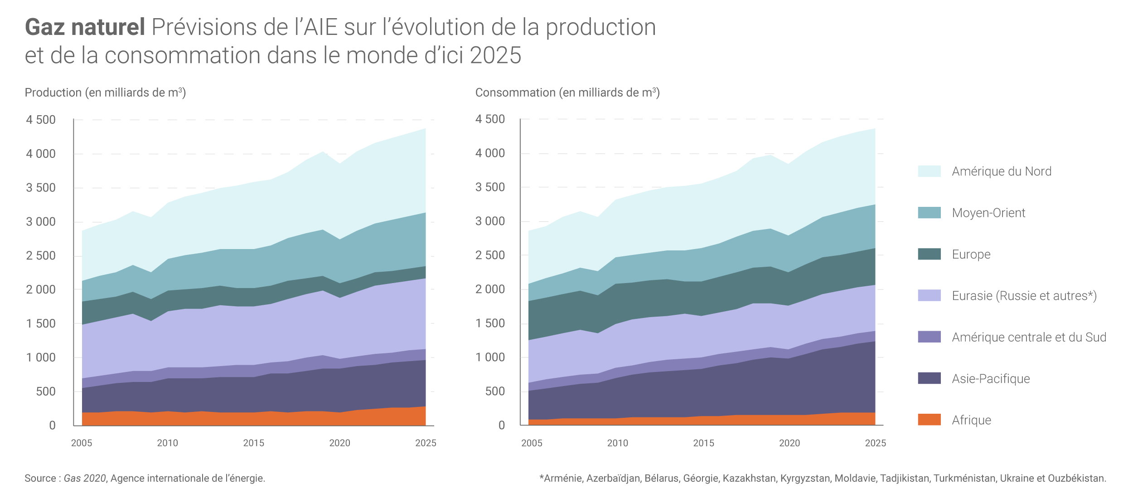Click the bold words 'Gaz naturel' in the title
click(x=85, y=27)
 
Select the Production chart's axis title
click(x=105, y=93)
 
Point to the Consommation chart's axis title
click(x=567, y=93)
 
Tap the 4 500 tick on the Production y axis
click(x=41, y=120)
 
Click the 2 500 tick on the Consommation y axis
click(x=490, y=255)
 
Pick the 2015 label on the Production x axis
click(x=253, y=443)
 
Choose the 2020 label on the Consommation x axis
click(x=789, y=443)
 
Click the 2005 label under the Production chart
click(x=82, y=443)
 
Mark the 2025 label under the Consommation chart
click(x=875, y=443)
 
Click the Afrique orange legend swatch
click(x=929, y=420)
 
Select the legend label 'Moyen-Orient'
click(x=988, y=213)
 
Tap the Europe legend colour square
click(x=929, y=254)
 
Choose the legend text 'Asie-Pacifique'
click(x=991, y=379)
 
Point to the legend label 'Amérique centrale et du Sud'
click(x=1029, y=338)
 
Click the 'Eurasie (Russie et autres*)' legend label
click(x=1024, y=296)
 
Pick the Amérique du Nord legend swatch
click(x=929, y=171)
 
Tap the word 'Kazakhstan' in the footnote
click(x=749, y=478)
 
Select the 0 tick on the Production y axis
click(x=52, y=426)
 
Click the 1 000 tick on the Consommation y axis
click(x=490, y=357)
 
